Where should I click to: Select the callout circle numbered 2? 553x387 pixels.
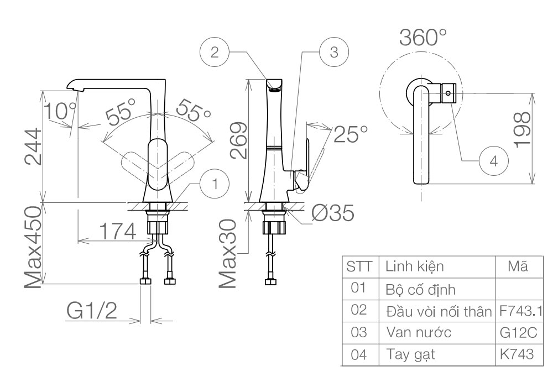coord(214,53)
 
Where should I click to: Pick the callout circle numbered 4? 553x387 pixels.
coord(494,161)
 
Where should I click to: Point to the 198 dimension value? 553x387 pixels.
coord(523,130)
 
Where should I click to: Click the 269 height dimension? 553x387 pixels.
coord(238,142)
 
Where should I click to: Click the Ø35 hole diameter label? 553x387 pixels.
coord(332,214)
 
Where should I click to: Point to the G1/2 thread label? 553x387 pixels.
coord(92,312)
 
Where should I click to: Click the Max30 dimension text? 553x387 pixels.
coord(228,253)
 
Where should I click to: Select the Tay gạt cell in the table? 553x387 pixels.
coord(410,354)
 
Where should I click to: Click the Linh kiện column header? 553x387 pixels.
coord(414,267)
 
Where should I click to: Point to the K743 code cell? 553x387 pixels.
coord(517,354)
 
